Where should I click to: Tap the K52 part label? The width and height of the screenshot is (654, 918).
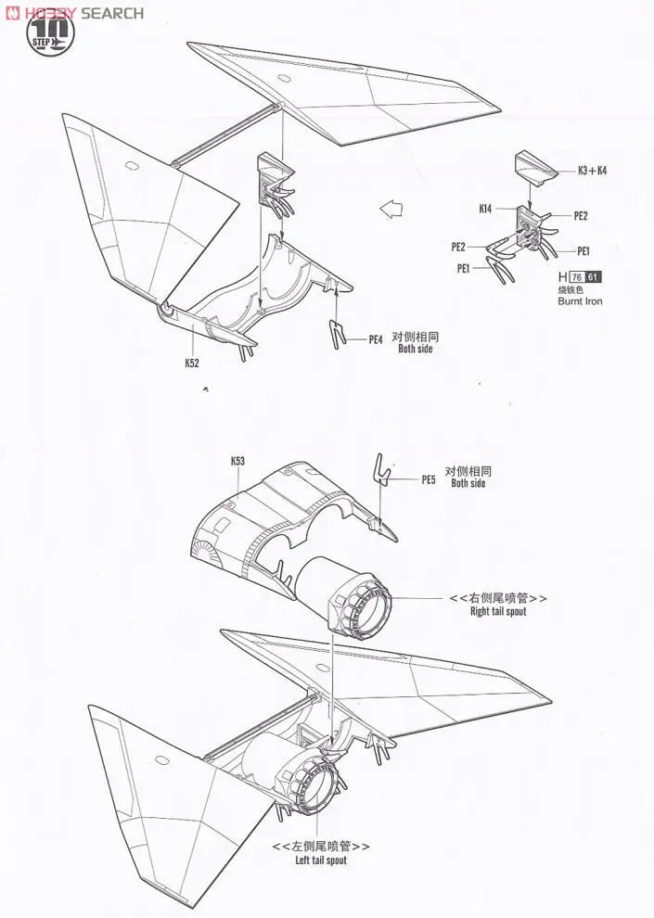[192, 363]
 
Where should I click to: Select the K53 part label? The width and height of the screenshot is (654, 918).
[237, 461]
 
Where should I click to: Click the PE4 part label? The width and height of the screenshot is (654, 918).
[376, 340]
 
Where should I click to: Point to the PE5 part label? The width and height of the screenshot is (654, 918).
[428, 479]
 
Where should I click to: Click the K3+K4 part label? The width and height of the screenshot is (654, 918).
[592, 171]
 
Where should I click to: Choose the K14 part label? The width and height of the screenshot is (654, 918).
[486, 209]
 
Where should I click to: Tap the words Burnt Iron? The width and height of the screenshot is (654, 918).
[580, 301]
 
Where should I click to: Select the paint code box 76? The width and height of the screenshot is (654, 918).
[577, 277]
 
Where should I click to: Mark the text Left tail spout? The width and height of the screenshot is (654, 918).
[321, 861]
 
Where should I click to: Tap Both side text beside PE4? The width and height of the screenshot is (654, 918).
[416, 349]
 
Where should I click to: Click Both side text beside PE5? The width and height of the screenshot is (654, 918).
[468, 483]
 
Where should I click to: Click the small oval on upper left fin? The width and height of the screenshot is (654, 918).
[129, 166]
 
